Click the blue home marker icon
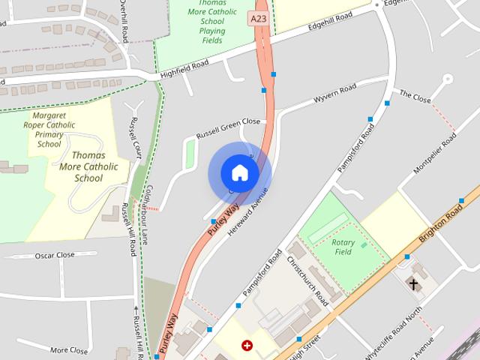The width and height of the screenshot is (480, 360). pyautogui.click(x=239, y=173)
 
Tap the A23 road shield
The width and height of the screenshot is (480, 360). pyautogui.click(x=259, y=18)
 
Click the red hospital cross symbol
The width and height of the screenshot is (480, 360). pyautogui.click(x=247, y=346)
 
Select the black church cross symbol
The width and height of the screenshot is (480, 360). pyautogui.click(x=412, y=283)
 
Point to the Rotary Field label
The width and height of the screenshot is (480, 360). pyautogui.click(x=343, y=247)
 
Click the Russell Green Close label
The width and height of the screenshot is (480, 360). pyautogui.click(x=228, y=127)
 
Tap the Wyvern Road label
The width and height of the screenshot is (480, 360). pyautogui.click(x=335, y=97)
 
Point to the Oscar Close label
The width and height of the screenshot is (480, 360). pyautogui.click(x=55, y=256)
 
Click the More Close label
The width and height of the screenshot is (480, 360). pyautogui.click(x=69, y=349)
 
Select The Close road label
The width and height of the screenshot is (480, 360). pyautogui.click(x=415, y=97)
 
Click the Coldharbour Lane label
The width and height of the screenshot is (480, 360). pyautogui.click(x=148, y=214)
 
